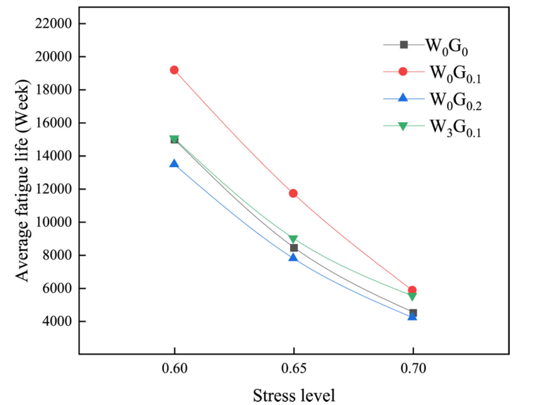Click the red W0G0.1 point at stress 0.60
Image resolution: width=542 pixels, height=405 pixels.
[174, 70]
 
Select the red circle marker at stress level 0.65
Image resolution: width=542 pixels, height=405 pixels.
[293, 193]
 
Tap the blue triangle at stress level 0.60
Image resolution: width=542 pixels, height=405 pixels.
[174, 164]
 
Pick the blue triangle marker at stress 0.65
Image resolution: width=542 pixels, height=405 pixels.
[293, 257]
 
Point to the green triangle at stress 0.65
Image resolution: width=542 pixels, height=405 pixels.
[293, 240]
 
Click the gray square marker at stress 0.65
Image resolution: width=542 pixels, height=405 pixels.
[294, 248]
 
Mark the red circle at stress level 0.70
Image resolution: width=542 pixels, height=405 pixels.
[413, 290]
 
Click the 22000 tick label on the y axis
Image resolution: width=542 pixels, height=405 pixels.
[53, 24]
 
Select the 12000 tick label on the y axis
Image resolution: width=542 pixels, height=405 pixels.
[53, 190]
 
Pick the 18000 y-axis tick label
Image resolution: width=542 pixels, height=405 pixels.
[53, 90]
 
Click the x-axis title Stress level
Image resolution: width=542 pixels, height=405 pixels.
[294, 395]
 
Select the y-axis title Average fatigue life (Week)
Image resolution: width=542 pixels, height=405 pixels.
[23, 181]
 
